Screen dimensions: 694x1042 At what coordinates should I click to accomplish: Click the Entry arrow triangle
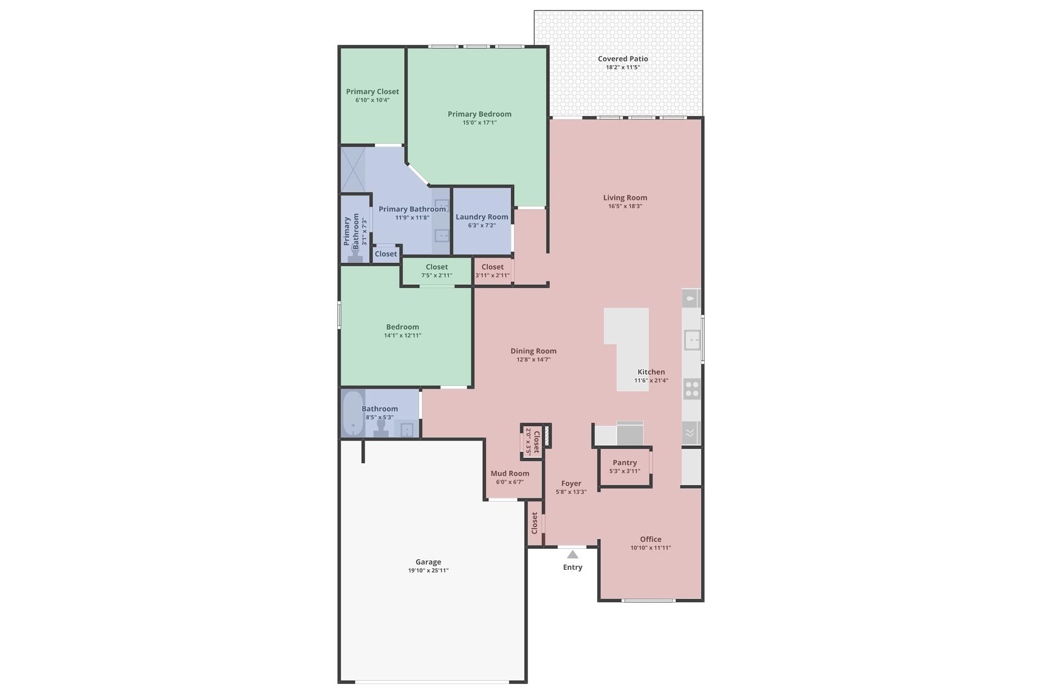(572, 555)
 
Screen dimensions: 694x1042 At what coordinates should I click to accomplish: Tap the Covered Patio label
(623, 59)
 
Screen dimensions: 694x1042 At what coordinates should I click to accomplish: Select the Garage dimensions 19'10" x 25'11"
(428, 570)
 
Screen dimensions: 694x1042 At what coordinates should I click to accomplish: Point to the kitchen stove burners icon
(691, 389)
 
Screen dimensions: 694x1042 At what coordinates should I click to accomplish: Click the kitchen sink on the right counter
(692, 340)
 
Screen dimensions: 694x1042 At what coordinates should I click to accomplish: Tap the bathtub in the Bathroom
(353, 413)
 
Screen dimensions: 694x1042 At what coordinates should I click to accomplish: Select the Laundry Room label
(481, 217)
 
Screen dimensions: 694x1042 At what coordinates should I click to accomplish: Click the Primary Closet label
(372, 92)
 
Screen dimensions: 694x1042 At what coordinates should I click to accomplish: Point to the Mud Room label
(510, 473)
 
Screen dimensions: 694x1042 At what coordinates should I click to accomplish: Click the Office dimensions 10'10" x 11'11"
(650, 548)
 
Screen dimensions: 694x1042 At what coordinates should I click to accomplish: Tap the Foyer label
(571, 483)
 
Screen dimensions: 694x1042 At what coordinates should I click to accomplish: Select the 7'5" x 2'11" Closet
(437, 271)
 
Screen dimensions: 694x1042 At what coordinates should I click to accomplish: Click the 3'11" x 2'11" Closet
(492, 271)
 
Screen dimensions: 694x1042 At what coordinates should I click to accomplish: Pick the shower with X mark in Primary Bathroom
(353, 169)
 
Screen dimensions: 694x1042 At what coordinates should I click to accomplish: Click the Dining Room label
(533, 351)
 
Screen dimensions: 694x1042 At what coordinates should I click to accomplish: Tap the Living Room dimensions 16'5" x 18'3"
(625, 206)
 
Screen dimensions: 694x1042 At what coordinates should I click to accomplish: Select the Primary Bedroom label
(479, 114)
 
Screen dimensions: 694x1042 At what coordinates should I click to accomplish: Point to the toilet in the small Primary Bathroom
(356, 254)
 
